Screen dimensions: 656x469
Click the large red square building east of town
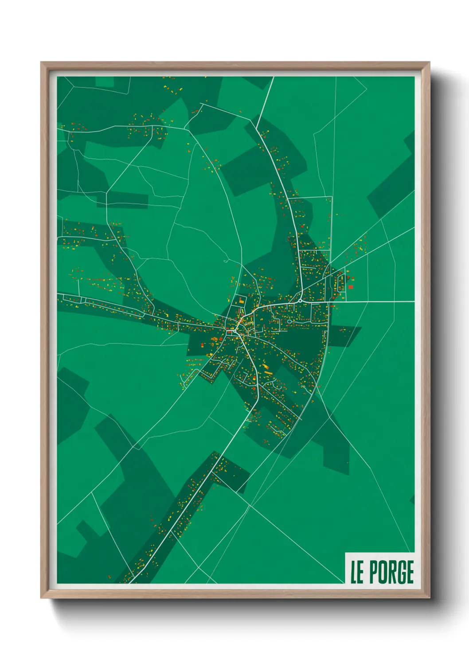point(351,287)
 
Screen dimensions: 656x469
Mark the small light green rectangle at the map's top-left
point(105,82)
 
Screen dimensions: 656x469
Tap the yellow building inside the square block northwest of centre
point(241,301)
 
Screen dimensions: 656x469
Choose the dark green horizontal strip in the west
point(122,200)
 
